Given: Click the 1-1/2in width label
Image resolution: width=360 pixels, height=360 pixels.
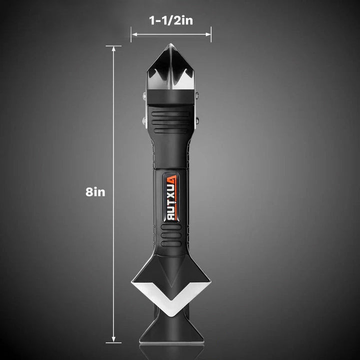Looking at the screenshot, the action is pos(171,20).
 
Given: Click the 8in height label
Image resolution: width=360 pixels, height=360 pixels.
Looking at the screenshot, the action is pos(95,192).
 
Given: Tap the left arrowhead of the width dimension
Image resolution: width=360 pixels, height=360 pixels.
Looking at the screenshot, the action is pos(134,34).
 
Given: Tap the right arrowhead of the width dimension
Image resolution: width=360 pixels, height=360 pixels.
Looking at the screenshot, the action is pos(208,34).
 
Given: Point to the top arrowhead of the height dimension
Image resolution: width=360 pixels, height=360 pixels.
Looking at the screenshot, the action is pos(113,49).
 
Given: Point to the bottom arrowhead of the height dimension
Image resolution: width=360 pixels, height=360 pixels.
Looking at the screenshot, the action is pos(113,339).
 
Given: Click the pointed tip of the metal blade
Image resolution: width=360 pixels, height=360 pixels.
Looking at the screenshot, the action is pos(170,44).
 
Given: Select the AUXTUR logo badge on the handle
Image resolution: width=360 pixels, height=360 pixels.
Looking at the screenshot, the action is pos(171,197).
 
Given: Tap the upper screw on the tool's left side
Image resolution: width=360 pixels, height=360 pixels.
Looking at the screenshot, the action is pos(144,95).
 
